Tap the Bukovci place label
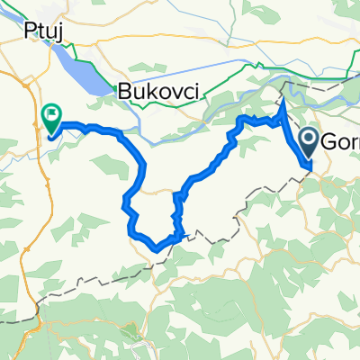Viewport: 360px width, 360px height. (x=157, y=90)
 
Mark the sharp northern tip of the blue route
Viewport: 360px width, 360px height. (x=283, y=102)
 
